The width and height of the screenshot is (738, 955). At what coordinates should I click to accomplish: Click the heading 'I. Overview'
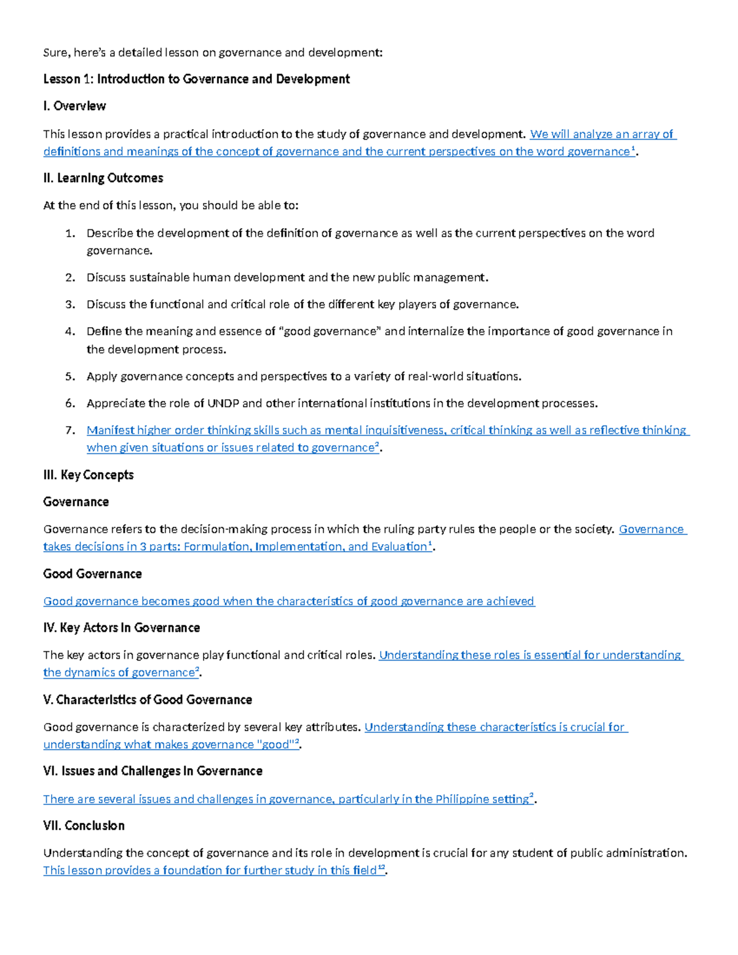coord(74,106)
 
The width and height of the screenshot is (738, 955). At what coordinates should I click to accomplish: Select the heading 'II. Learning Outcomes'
coord(103,178)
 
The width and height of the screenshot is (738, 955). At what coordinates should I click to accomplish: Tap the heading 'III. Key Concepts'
coord(88,475)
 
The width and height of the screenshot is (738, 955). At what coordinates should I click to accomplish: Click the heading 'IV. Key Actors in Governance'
coord(121,628)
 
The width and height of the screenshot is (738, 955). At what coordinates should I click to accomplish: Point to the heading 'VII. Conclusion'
coord(84,826)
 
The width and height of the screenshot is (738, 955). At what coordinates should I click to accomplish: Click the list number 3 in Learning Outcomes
coord(70,304)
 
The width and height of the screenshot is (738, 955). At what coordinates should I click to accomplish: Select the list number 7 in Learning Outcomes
coord(70,430)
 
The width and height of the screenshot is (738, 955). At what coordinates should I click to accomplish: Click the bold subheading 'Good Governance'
coord(92,574)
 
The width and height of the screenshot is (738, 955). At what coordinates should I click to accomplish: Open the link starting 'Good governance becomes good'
coord(288,601)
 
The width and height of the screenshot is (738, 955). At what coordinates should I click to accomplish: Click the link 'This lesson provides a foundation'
coord(209,870)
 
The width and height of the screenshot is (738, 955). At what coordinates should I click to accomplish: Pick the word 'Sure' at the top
coord(55,53)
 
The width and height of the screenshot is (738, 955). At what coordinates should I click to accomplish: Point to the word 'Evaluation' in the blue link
coord(399,547)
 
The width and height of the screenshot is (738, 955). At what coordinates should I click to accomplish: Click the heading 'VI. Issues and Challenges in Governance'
coord(153,771)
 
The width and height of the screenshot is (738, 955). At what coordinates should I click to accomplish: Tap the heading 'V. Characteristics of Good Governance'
coord(148,700)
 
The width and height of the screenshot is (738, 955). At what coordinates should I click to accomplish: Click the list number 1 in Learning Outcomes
coord(70,233)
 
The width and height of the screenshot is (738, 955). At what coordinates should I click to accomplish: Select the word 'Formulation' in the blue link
coord(217,547)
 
